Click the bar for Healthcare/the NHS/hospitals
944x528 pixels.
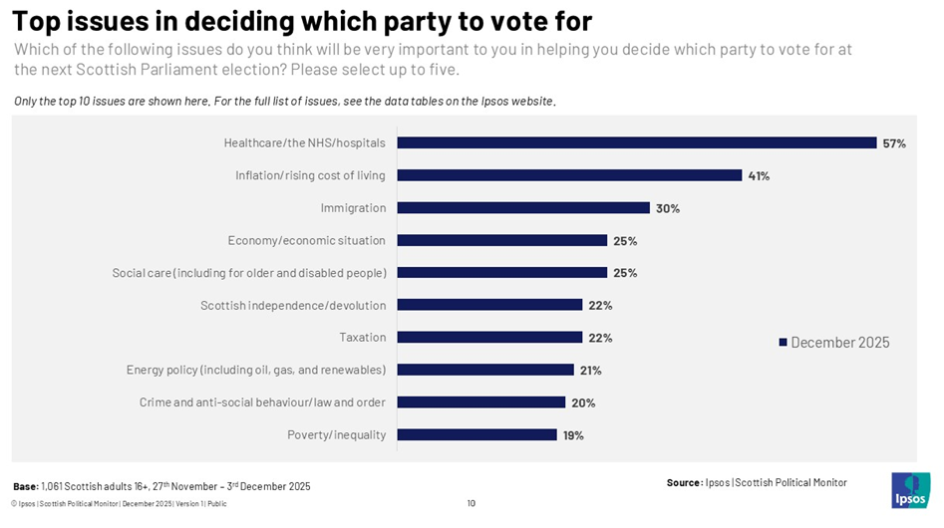[636, 143]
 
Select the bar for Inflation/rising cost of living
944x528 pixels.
[569, 175]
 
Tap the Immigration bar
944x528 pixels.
[523, 208]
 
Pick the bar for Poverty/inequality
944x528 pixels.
[476, 434]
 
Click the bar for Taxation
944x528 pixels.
[489, 338]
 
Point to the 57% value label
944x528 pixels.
[894, 143]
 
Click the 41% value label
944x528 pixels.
[759, 175]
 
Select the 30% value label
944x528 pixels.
[667, 208]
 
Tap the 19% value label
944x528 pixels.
[572, 435]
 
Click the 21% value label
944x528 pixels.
[590, 371]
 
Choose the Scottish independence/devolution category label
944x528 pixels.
[293, 305]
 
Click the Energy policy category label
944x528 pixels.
[256, 370]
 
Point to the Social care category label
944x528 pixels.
[249, 273]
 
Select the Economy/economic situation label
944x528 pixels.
[307, 240]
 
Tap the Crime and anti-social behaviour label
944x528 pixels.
[262, 402]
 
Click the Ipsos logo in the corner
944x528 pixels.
[910, 489]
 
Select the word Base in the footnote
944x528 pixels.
[25, 486]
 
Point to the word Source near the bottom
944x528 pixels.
[684, 483]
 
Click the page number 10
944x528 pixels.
[472, 503]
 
